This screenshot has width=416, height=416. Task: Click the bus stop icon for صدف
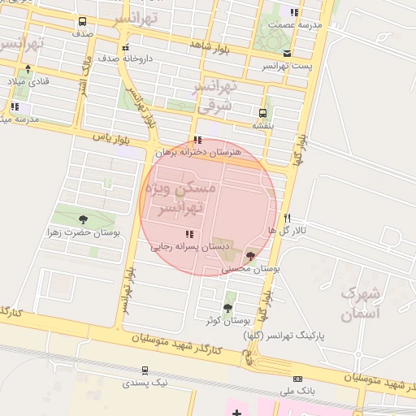(83, 22)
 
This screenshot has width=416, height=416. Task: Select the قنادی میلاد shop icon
(28, 69)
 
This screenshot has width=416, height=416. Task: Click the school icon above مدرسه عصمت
(293, 12)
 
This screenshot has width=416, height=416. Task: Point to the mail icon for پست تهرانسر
(287, 53)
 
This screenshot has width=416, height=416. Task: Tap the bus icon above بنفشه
(262, 113)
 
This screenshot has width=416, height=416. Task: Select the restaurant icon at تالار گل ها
(287, 218)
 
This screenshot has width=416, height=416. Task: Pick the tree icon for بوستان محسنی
(250, 256)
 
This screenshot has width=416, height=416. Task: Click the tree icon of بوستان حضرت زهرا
(82, 219)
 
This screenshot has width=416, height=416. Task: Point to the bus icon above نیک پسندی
(145, 370)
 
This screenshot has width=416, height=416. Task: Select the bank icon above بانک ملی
(297, 379)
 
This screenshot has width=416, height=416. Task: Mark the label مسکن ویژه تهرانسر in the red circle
(180, 198)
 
